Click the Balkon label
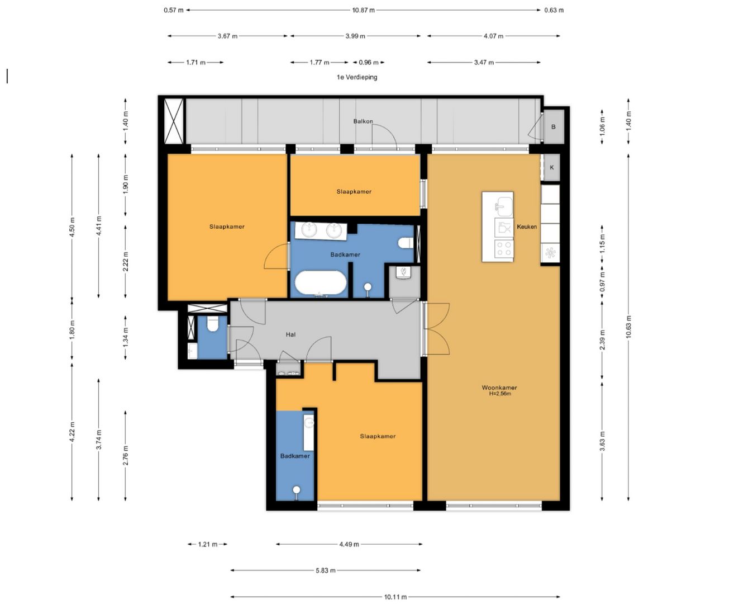click(x=363, y=121)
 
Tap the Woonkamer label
click(x=499, y=387)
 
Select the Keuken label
click(x=527, y=226)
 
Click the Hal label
click(x=290, y=334)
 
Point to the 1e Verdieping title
click(x=357, y=77)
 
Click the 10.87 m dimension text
click(x=363, y=10)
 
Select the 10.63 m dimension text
click(x=628, y=327)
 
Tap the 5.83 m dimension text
click(x=326, y=570)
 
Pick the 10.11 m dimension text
click(x=395, y=597)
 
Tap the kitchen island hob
click(x=504, y=248)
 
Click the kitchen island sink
click(x=504, y=206)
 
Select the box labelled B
click(x=554, y=126)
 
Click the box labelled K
click(x=552, y=167)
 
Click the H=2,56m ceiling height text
click(x=500, y=394)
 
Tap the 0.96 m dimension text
click(x=369, y=63)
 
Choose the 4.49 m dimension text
click(x=349, y=544)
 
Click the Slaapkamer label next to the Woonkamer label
click(x=378, y=436)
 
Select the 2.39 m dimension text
click(x=602, y=340)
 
